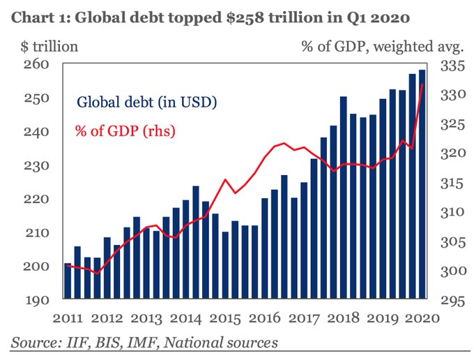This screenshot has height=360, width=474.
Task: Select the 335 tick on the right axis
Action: coord(452,66)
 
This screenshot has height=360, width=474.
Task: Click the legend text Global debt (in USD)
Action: coord(147,103)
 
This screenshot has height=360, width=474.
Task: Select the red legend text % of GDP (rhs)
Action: coord(125,130)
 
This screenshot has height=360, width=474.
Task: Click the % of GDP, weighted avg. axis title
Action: coord(383,47)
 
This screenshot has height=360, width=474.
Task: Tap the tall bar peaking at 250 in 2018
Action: coord(344,198)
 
